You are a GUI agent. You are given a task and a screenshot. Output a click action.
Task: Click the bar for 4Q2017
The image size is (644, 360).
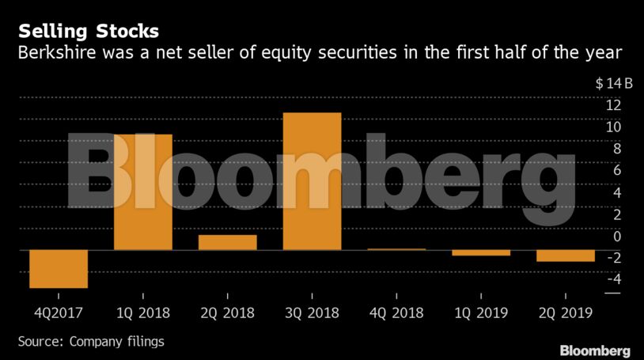[x=59, y=269]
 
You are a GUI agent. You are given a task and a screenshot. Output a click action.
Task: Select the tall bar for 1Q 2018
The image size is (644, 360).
[x=143, y=192]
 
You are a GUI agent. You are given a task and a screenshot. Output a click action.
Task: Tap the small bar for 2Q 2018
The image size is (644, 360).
[x=228, y=242]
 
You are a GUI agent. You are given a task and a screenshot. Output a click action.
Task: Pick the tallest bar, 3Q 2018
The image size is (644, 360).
[x=312, y=181]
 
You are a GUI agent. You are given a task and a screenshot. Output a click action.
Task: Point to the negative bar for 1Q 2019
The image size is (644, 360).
[x=481, y=252]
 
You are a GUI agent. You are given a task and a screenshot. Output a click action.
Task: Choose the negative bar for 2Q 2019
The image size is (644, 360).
[x=566, y=256]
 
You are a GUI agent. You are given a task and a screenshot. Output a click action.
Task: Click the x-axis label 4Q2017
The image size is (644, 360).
[x=58, y=313]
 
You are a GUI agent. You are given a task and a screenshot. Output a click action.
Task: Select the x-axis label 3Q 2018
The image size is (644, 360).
[x=312, y=313]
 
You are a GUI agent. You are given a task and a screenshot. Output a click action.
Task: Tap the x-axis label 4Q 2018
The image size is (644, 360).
[x=396, y=313]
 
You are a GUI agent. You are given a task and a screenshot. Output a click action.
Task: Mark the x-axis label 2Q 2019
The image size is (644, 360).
[x=566, y=313]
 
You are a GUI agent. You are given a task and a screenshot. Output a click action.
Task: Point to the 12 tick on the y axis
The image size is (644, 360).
[x=613, y=105]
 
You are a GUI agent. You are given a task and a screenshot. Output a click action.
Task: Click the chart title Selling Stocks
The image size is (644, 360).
[x=89, y=32]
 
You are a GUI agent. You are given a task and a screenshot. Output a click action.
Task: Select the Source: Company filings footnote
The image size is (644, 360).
[x=91, y=341]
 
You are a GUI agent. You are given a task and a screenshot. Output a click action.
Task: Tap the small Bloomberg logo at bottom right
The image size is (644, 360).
[x=595, y=351]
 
